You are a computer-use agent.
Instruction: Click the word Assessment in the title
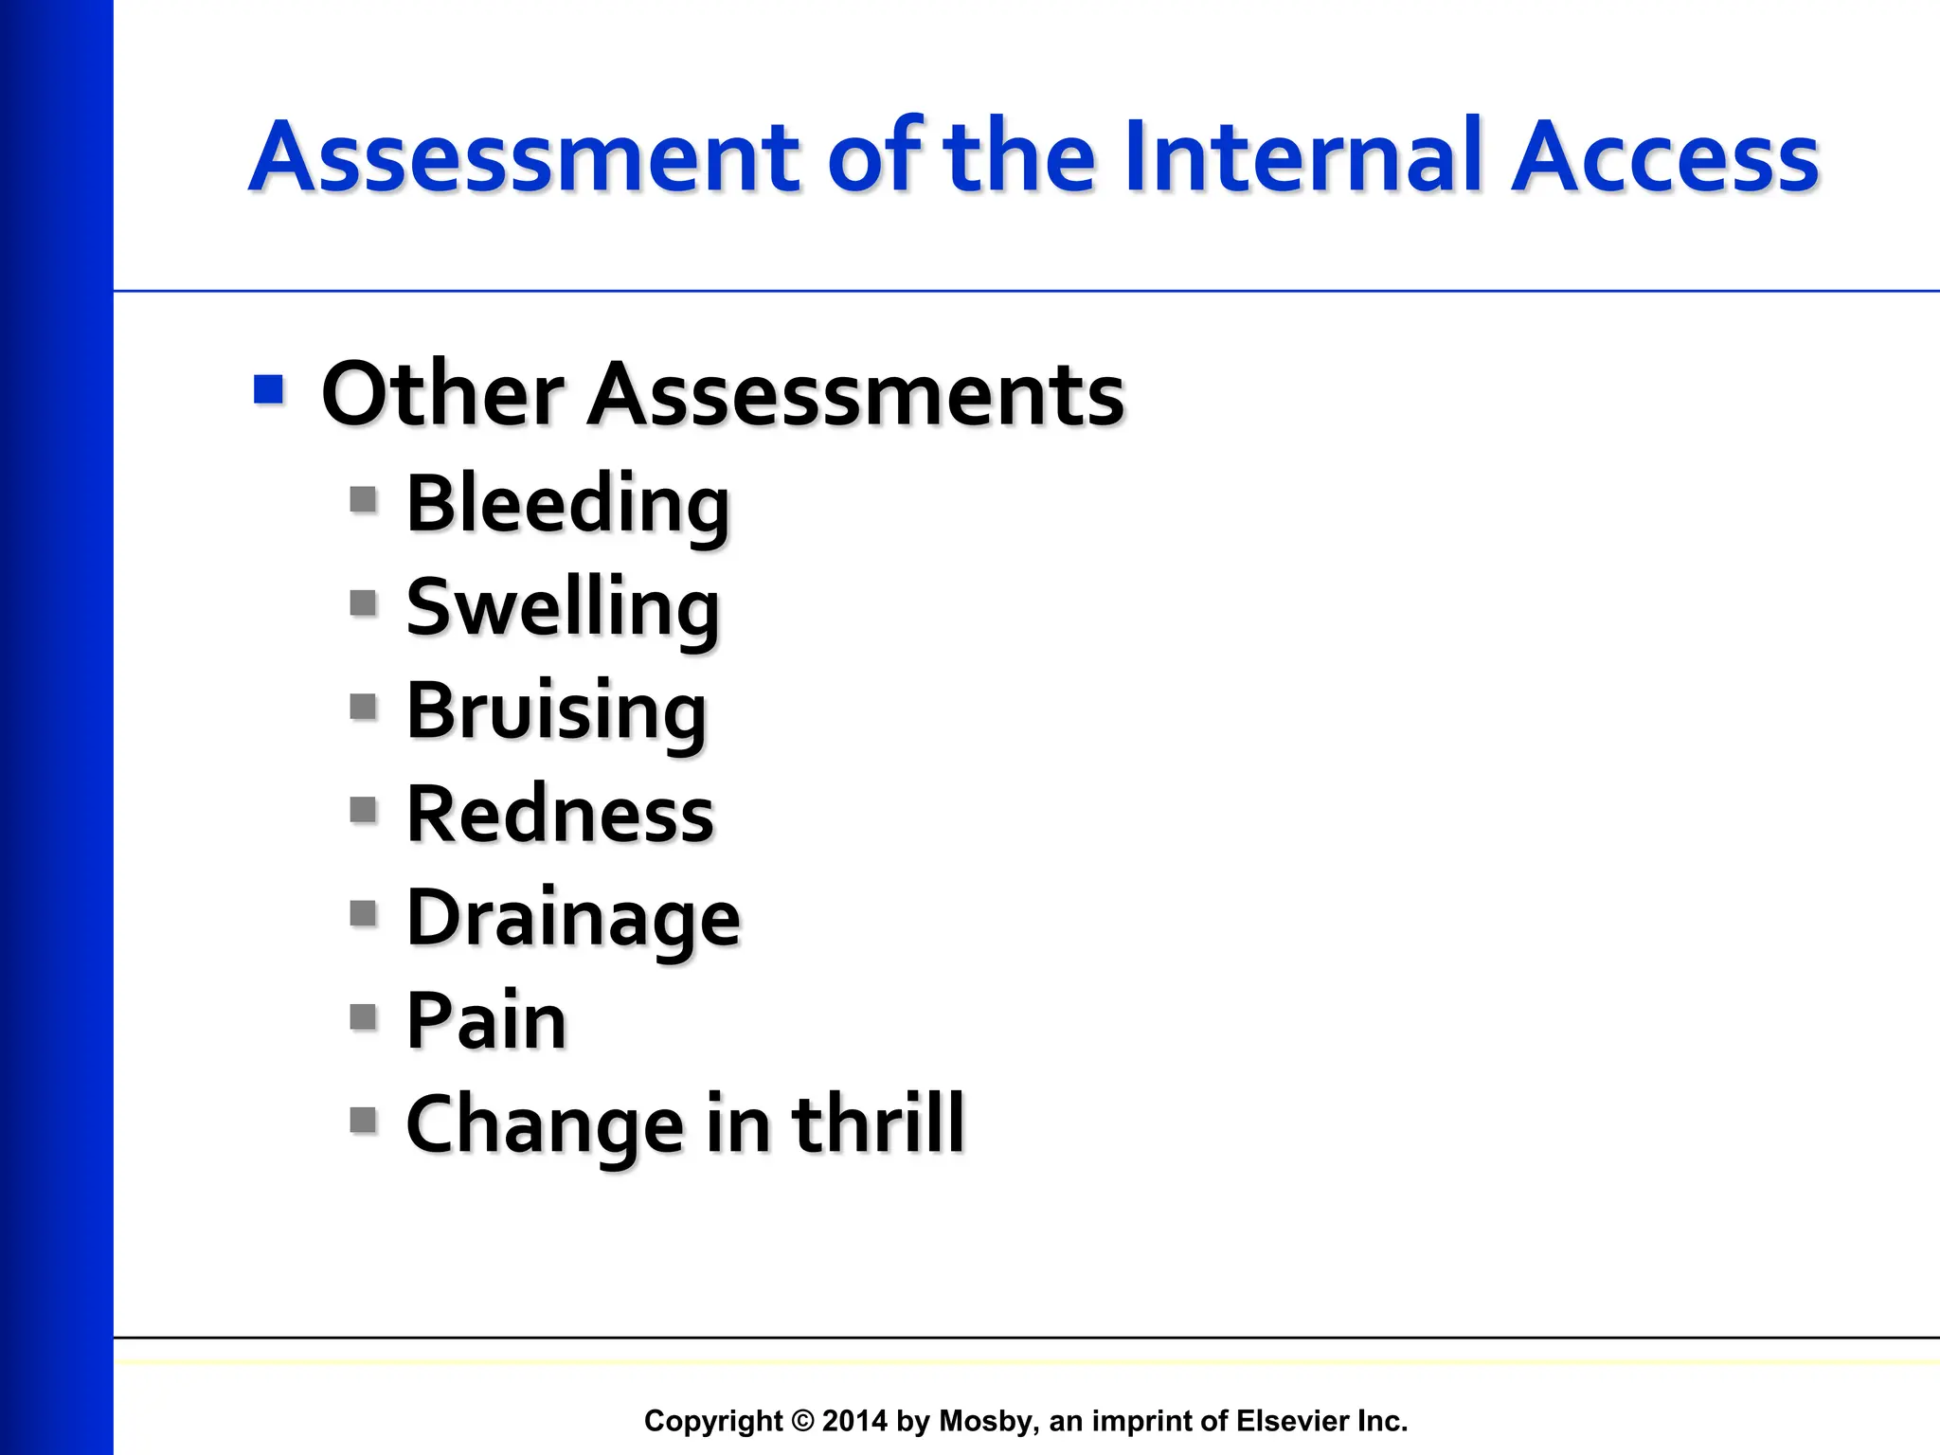pos(526,157)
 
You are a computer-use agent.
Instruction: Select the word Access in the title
pos(1664,157)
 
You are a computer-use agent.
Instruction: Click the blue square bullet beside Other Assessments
pos(269,389)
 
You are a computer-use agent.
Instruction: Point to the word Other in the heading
pos(442,394)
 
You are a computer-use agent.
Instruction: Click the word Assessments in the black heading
pos(856,394)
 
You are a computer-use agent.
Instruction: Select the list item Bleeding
pos(568,504)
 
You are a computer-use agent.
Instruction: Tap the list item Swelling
pos(563,608)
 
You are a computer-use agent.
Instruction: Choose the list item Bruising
pos(556,712)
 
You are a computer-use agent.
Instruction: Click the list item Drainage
pos(573,919)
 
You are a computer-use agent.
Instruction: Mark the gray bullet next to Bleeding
pos(363,499)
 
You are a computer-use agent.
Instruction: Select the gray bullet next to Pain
pos(363,1017)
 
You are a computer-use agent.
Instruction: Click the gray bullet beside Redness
pos(363,810)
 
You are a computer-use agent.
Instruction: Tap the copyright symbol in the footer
pos(802,1421)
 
